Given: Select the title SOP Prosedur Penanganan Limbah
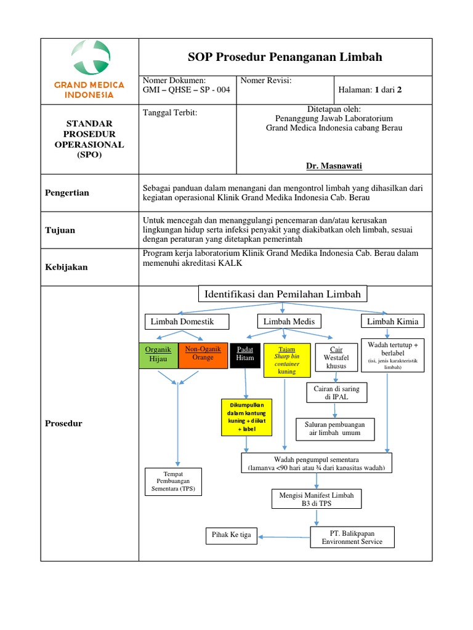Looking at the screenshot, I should pyautogui.click(x=285, y=57).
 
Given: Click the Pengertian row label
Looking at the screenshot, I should pyautogui.click(x=67, y=193).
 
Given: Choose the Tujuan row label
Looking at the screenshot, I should pyautogui.click(x=60, y=230).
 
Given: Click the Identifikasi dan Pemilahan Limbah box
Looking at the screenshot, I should pyautogui.click(x=283, y=294).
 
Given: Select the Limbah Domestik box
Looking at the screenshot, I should pyautogui.click(x=187, y=321).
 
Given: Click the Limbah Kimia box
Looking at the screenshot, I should pyautogui.click(x=392, y=321).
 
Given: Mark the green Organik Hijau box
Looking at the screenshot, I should pyautogui.click(x=158, y=355).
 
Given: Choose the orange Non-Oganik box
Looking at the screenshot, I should pyautogui.click(x=203, y=355).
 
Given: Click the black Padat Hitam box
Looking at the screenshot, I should pyautogui.click(x=245, y=355).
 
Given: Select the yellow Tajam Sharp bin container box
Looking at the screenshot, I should pyautogui.click(x=286, y=361).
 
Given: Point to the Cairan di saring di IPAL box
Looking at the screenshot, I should pyautogui.click(x=336, y=393).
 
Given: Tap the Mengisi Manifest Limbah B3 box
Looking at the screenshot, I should pyautogui.click(x=317, y=498).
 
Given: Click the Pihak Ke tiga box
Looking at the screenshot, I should pyautogui.click(x=232, y=535).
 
